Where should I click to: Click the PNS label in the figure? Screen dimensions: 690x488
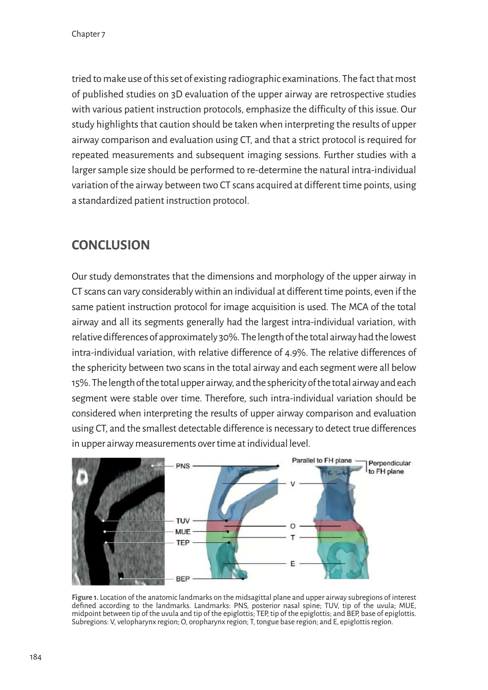click(183, 466)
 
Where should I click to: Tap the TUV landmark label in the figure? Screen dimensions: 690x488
click(183, 520)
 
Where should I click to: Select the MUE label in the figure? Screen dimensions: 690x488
click(183, 531)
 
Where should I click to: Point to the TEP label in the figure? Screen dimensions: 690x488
click(183, 542)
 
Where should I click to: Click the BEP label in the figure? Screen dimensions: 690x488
click(183, 579)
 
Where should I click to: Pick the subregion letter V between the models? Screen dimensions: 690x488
click(293, 484)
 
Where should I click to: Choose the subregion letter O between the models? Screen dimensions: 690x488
click(293, 526)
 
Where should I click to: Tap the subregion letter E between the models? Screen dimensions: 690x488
click(293, 564)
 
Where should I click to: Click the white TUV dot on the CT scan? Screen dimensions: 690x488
click(103, 520)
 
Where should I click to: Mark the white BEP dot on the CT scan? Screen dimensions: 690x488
click(121, 579)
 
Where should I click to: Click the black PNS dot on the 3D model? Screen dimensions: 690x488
click(278, 466)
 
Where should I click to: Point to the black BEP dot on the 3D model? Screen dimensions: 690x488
click(243, 579)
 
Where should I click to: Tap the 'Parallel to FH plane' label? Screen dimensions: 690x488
click(322, 460)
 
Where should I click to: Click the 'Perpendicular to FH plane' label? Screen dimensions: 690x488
click(389, 467)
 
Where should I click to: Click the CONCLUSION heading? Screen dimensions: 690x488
click(111, 245)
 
